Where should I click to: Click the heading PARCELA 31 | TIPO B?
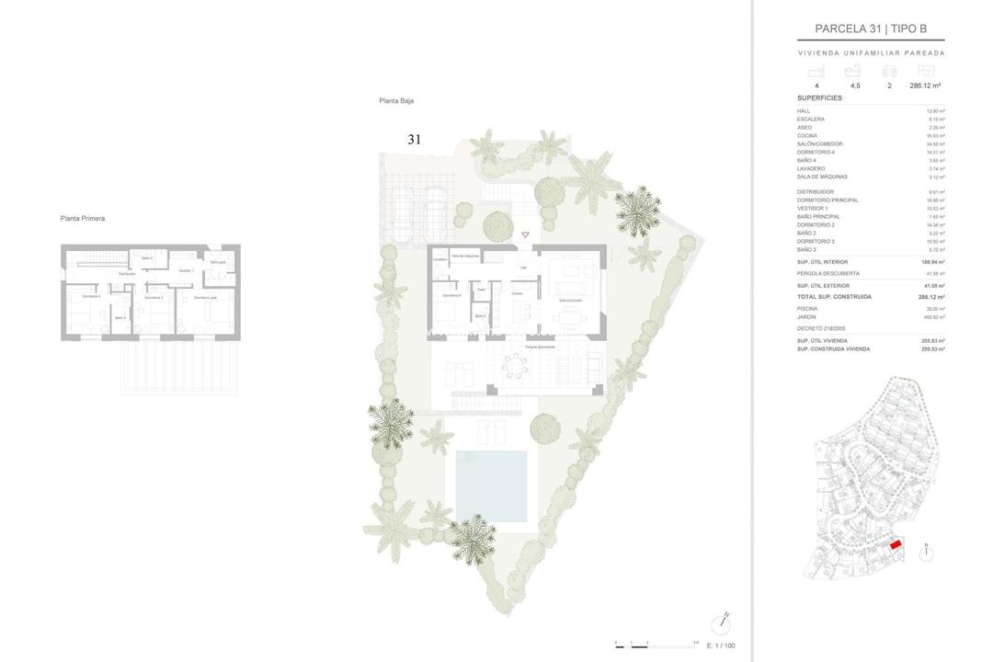(870, 29)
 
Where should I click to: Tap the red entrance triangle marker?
(525, 235)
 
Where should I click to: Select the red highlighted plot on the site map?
(896, 545)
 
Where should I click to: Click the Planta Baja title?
(396, 101)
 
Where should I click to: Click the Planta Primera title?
(83, 219)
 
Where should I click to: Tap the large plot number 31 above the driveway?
(414, 140)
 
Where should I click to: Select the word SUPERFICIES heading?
(819, 98)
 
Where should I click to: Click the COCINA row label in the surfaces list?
(806, 135)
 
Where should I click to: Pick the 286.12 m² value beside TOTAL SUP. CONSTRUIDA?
(931, 297)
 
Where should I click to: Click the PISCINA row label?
(806, 309)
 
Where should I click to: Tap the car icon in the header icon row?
(889, 71)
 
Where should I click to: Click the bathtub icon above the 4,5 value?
(854, 71)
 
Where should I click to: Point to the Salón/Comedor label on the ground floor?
(569, 301)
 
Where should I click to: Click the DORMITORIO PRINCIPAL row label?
(827, 200)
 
